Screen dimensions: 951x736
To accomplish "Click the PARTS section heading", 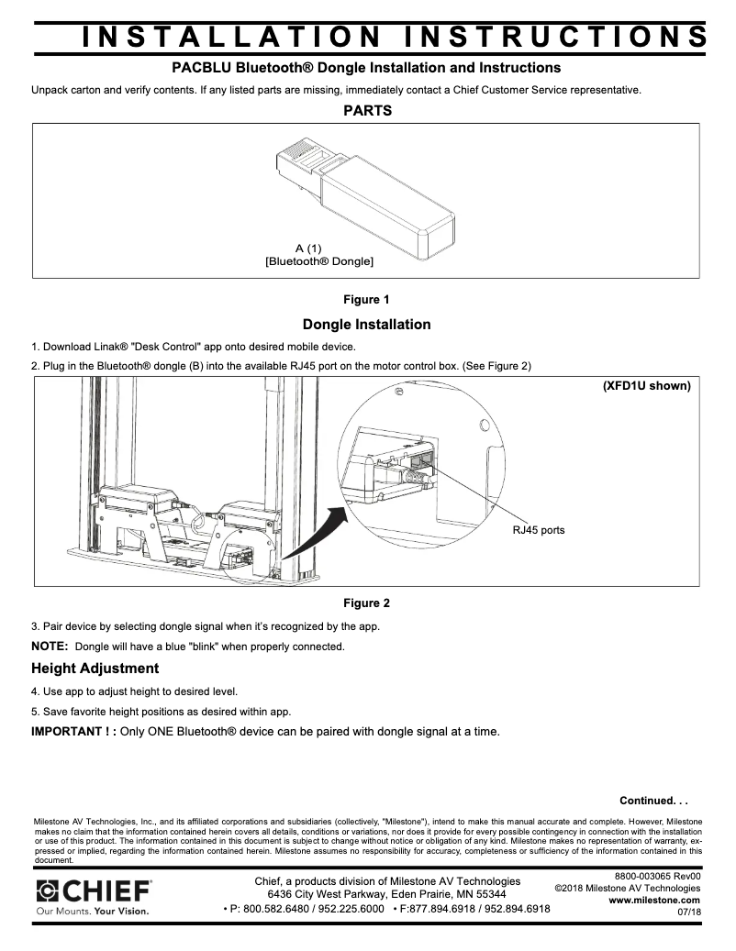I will coord(367,111).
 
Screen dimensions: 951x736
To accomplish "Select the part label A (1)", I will coord(308,249).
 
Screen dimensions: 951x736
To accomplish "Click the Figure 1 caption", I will coord(366,300).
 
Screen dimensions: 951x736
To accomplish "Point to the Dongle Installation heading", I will coord(366,325).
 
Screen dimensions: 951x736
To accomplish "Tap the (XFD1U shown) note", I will coord(646,386).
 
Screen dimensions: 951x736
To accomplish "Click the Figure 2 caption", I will coord(366,603).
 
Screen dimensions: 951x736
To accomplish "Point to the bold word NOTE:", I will coord(50,647).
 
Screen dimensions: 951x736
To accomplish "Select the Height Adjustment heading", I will coord(95,668).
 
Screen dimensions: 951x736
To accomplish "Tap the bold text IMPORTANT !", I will coord(72,731).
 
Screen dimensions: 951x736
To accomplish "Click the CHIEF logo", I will coord(93,890).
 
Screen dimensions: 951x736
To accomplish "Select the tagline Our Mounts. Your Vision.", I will coord(92,912).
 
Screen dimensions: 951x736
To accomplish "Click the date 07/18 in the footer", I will coord(689,912).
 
